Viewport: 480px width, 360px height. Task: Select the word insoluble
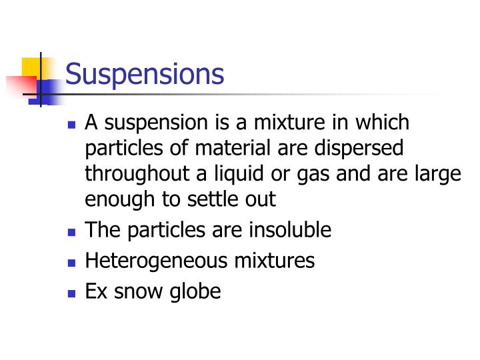(x=290, y=230)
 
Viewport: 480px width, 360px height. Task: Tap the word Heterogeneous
(x=155, y=261)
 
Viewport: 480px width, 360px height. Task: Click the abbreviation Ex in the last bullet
(x=95, y=291)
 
